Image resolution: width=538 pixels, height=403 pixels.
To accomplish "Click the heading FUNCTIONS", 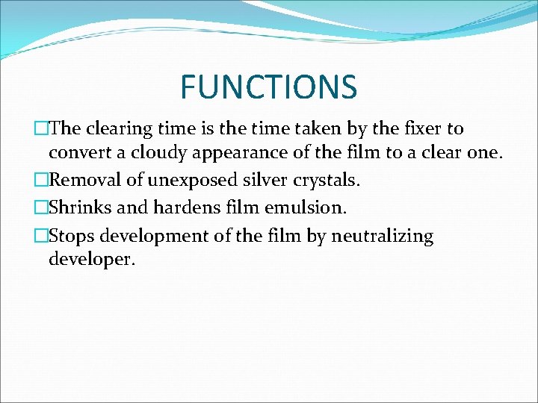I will [268, 87].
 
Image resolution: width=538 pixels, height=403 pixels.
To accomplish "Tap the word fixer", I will [421, 129].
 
